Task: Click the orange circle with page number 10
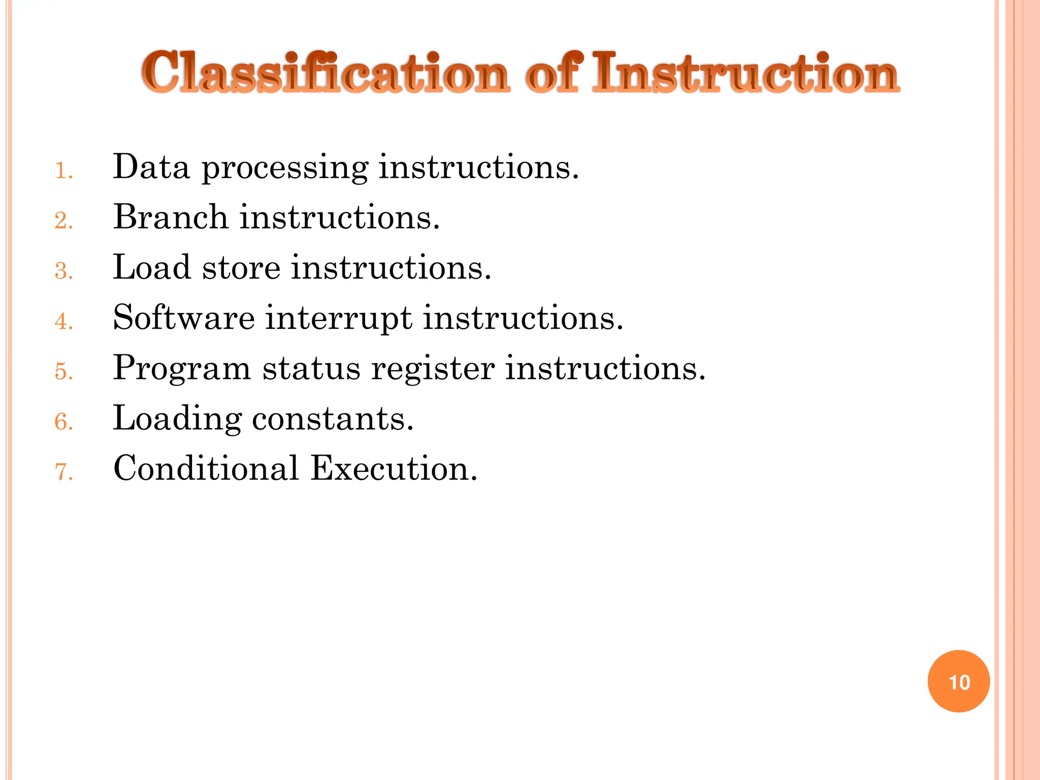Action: coord(959,681)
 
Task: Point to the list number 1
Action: coord(63,171)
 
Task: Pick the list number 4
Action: coord(63,321)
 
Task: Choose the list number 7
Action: coord(63,472)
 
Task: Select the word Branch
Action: coord(171,217)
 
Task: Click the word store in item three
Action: coord(241,267)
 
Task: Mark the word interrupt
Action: coord(339,318)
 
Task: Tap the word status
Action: coord(311,368)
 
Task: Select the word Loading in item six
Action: coord(177,419)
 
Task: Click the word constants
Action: coord(333,419)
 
